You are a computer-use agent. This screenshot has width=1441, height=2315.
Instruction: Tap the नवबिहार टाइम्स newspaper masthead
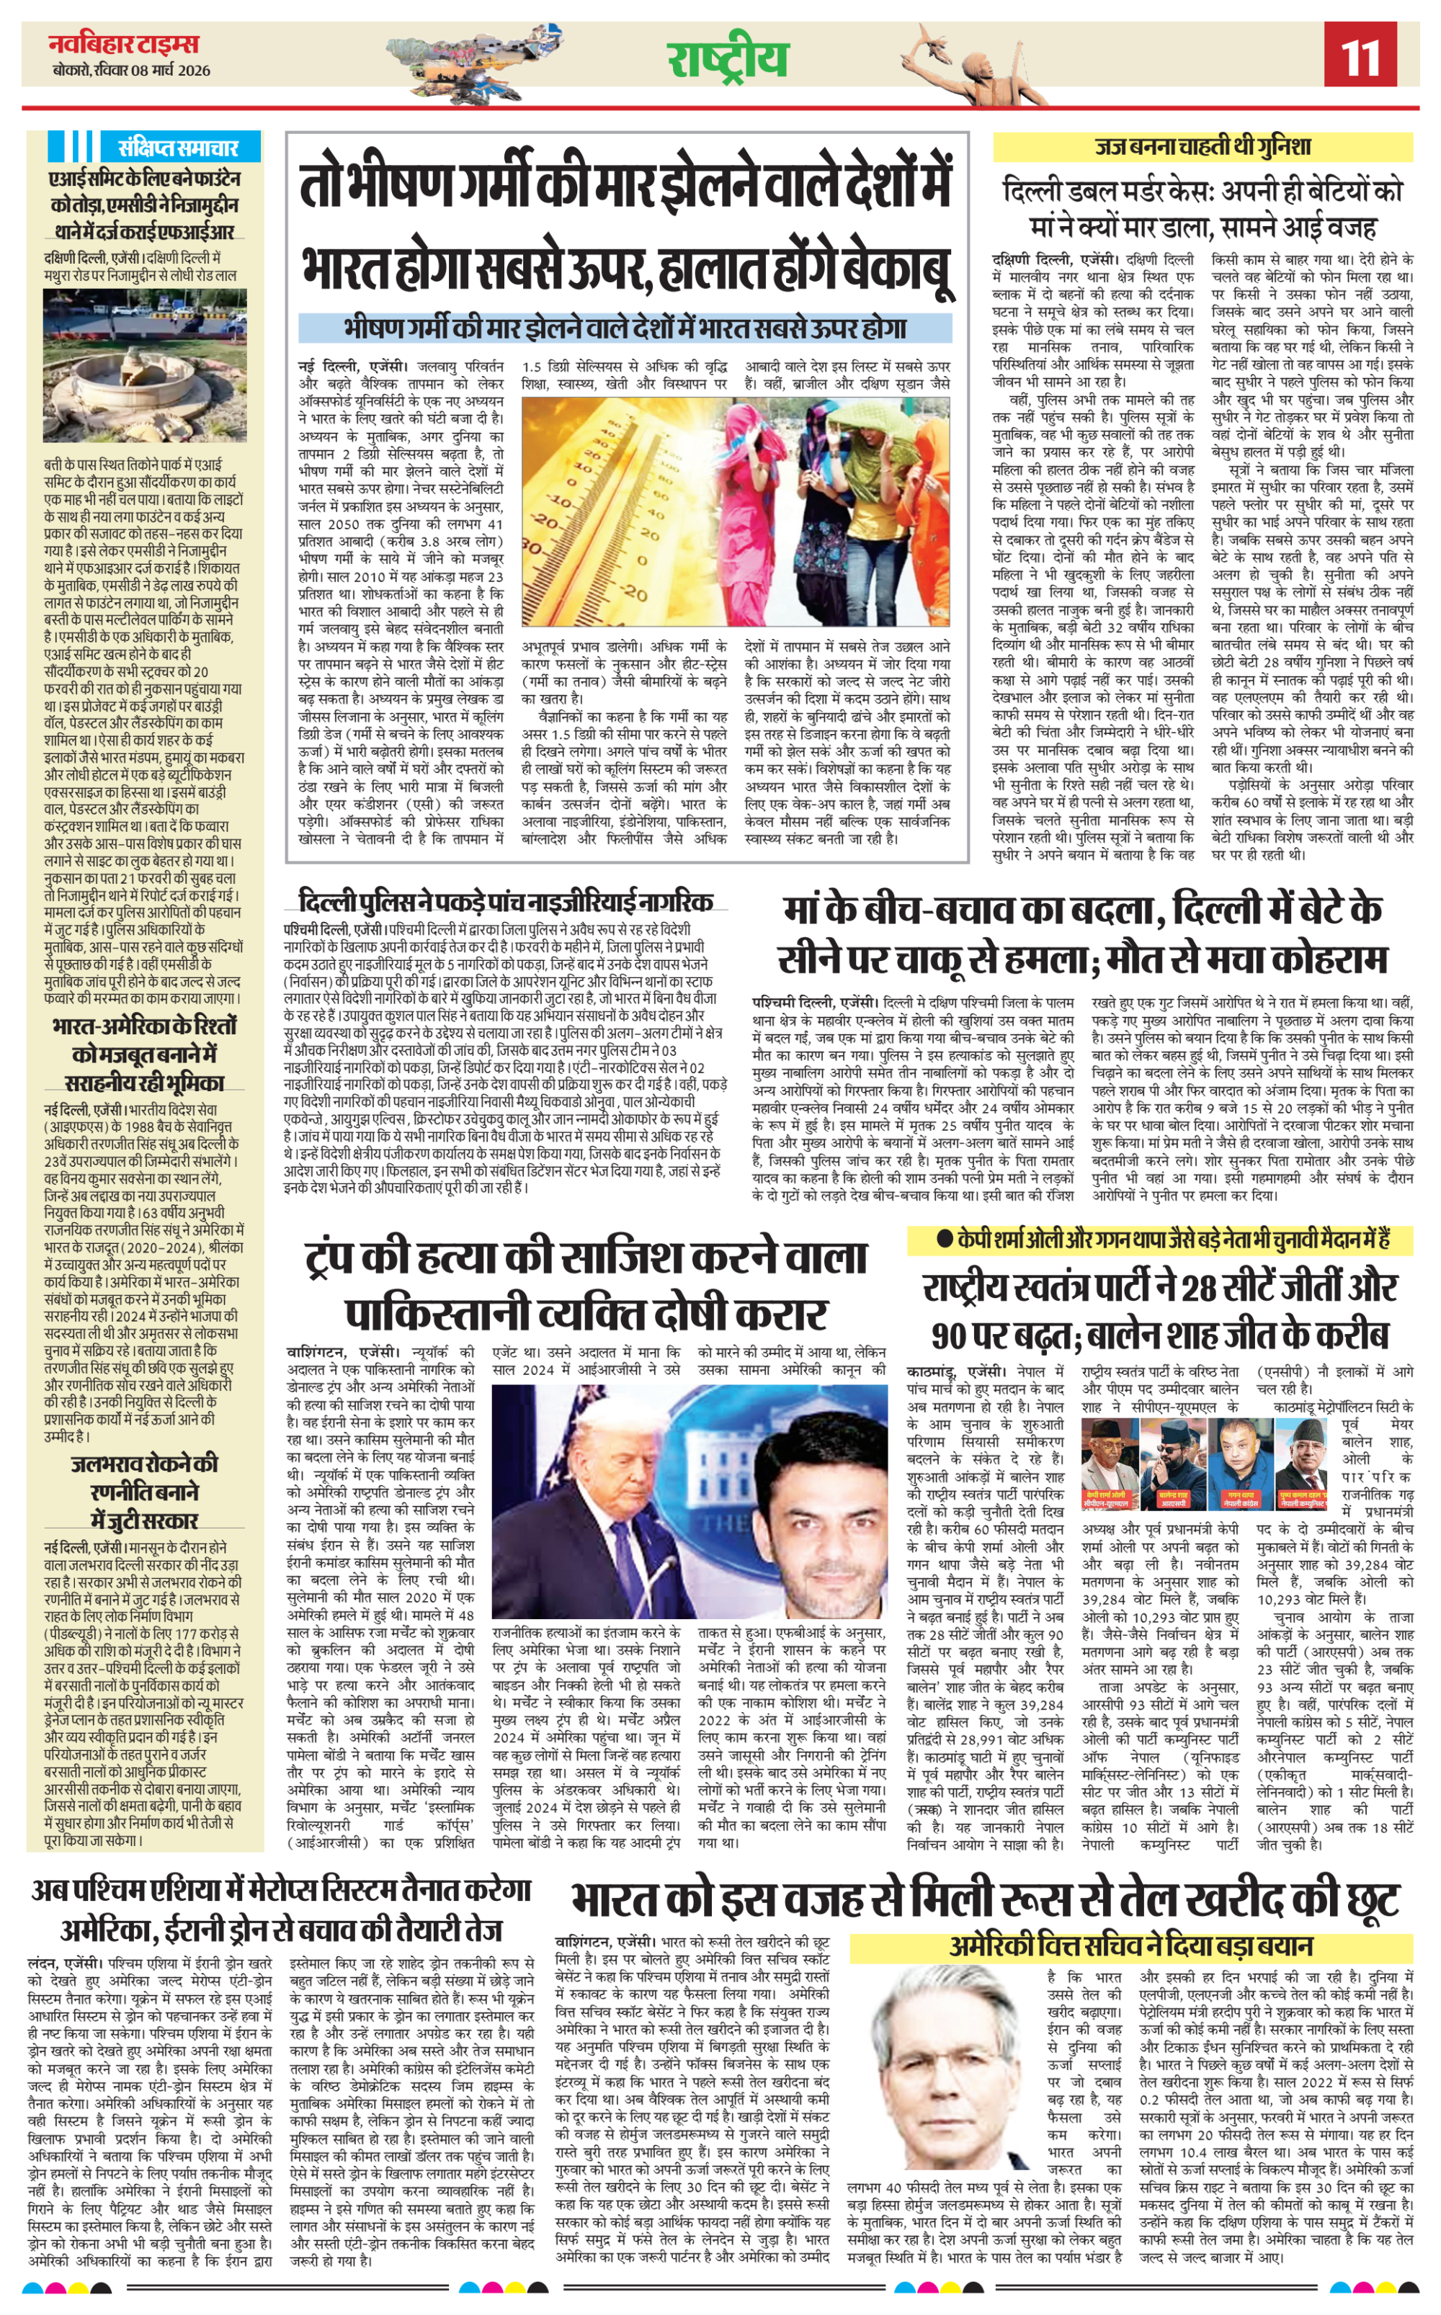(124, 44)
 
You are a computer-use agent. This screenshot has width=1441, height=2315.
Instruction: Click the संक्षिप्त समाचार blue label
(177, 148)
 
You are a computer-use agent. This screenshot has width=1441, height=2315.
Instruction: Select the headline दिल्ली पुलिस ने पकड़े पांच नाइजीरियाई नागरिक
(505, 901)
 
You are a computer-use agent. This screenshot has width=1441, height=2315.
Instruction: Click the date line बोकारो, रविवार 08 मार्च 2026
(132, 71)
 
